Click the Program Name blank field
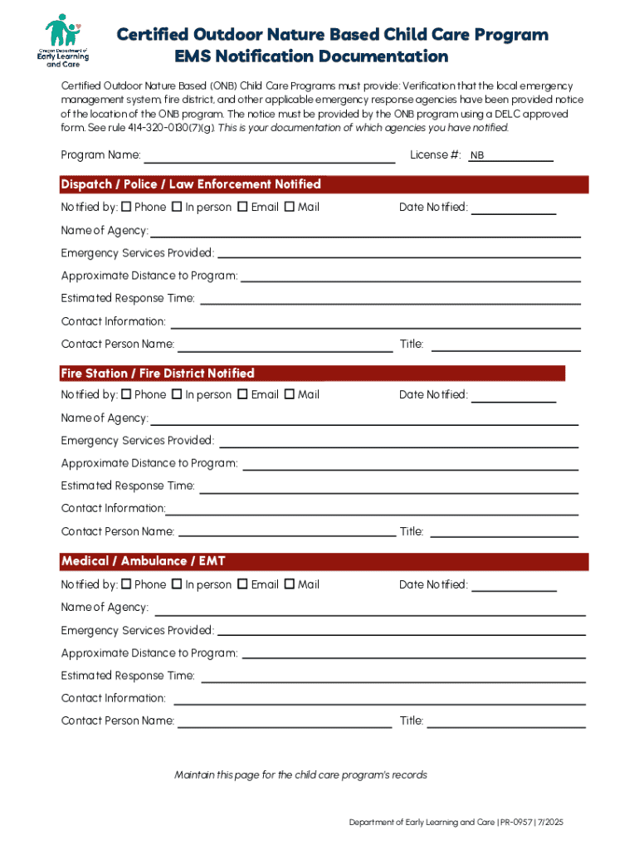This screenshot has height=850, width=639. click(270, 156)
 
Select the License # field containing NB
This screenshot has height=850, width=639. click(510, 156)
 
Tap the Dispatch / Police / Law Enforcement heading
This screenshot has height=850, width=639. click(191, 184)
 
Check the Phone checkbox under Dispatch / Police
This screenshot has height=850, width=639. click(126, 207)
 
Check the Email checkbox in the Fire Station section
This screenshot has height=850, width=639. click(242, 395)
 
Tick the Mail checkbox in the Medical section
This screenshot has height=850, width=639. click(289, 584)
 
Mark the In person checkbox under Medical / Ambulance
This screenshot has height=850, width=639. click(177, 584)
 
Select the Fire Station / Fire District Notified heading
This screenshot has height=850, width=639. click(158, 374)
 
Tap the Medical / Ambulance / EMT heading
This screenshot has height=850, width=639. click(144, 562)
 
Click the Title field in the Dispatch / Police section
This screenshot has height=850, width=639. click(505, 344)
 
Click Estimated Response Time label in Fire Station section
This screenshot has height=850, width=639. click(128, 486)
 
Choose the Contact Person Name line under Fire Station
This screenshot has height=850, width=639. click(287, 532)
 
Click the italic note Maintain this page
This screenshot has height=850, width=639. click(300, 775)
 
